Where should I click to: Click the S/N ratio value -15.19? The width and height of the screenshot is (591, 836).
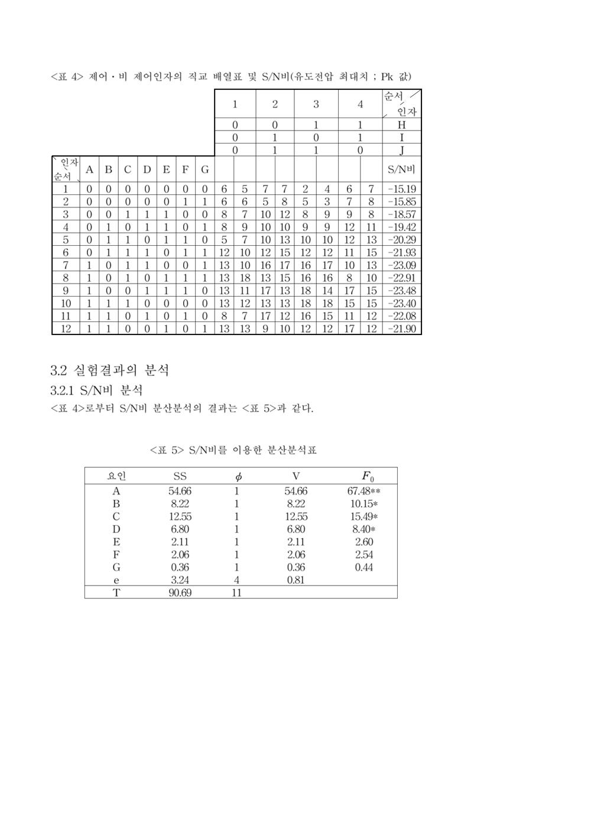click(x=402, y=189)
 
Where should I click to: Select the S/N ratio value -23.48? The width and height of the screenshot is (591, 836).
click(x=402, y=291)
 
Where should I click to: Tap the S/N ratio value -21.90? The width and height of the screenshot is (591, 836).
click(x=402, y=328)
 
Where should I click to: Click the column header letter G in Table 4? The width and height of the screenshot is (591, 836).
click(x=204, y=170)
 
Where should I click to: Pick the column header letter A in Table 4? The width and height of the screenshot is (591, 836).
click(x=89, y=170)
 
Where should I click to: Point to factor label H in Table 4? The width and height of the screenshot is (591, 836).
click(x=402, y=125)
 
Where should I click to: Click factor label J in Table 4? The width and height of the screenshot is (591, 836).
click(x=402, y=150)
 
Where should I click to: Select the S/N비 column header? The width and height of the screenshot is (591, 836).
click(x=401, y=170)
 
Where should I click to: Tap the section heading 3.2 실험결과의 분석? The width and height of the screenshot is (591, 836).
click(x=110, y=370)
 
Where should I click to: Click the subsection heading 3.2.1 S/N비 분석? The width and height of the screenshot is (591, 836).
click(x=97, y=391)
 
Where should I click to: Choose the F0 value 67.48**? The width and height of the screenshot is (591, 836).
click(x=363, y=491)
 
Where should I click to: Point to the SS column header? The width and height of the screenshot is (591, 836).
click(x=180, y=477)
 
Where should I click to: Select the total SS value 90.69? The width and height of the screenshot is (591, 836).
click(x=180, y=593)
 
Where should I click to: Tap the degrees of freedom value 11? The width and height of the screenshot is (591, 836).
click(x=236, y=593)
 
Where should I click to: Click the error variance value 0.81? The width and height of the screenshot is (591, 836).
click(x=295, y=580)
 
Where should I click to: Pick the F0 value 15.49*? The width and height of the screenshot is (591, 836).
click(x=364, y=516)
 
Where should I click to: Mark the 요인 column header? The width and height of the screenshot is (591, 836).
click(x=116, y=477)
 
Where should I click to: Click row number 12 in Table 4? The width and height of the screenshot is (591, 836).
click(x=66, y=328)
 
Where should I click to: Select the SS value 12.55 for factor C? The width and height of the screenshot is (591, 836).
click(x=180, y=516)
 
